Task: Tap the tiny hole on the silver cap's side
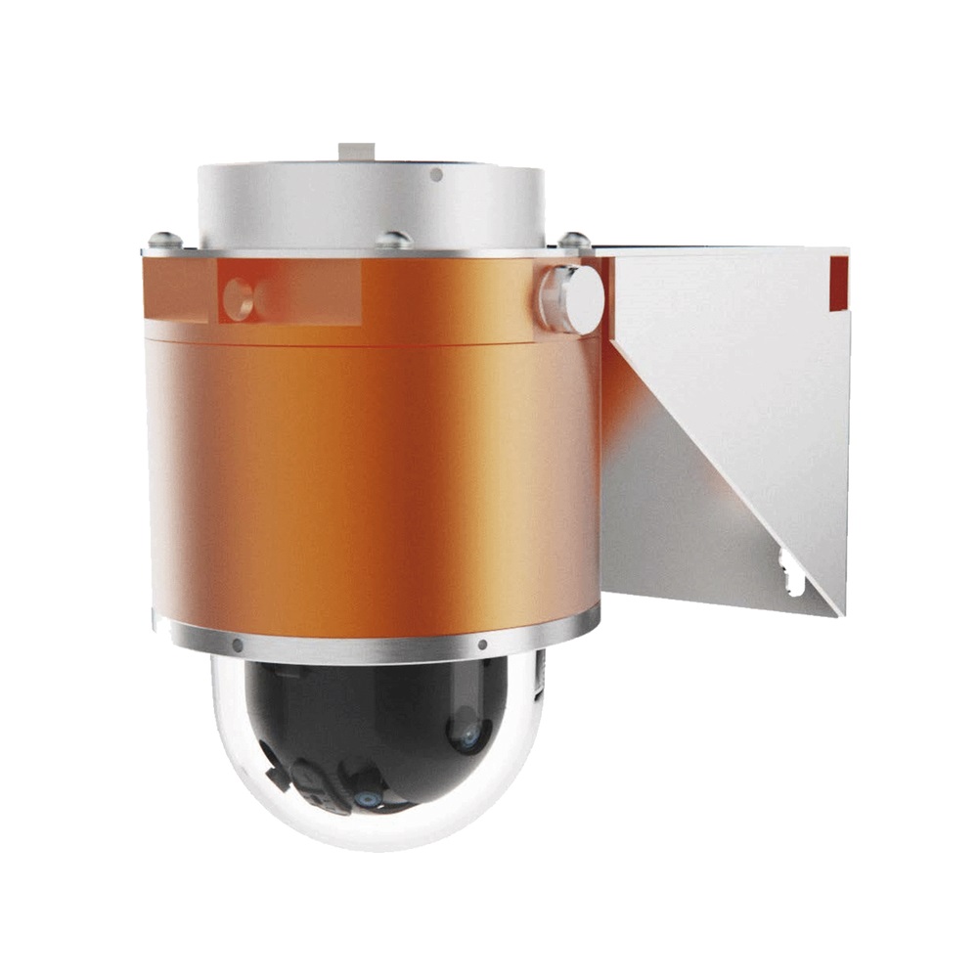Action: pos(436,174)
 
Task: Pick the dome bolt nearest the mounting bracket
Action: pos(574,240)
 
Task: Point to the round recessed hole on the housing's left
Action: pos(238,298)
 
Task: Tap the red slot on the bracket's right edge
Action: pos(838,282)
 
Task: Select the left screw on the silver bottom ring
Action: pos(237,645)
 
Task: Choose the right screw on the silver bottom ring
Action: pos(482,645)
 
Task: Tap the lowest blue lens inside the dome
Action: pos(369,799)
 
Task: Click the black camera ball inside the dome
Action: pos(381,724)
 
